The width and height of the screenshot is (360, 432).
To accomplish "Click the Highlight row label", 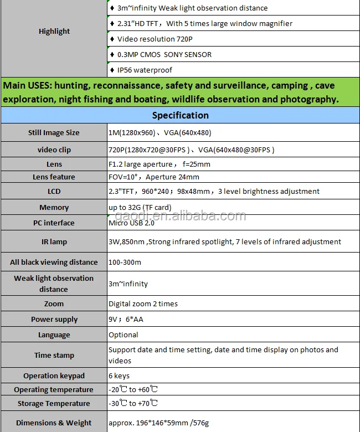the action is (x=54, y=32).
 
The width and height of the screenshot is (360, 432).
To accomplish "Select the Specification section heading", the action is (x=180, y=115).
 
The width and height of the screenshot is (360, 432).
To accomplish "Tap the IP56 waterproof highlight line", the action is (x=145, y=70).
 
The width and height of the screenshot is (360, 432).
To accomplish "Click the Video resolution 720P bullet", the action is (x=155, y=39).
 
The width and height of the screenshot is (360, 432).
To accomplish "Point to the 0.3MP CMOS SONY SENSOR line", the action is (x=164, y=55).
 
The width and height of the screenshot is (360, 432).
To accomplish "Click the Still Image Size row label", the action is (x=54, y=133).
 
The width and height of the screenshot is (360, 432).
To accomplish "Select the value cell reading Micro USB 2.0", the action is (x=131, y=223).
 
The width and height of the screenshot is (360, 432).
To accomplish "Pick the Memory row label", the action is (x=54, y=208).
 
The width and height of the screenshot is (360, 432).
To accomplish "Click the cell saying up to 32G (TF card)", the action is (x=139, y=208).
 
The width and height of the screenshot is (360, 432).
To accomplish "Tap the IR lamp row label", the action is (x=54, y=242).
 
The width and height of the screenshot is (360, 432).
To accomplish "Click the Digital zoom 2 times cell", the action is (x=143, y=304).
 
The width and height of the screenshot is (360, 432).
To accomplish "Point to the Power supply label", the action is (x=54, y=320).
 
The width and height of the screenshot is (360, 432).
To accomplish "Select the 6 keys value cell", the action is (x=119, y=376).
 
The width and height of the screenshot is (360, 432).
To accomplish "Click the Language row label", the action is (x=54, y=335).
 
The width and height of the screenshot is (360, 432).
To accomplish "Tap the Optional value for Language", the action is (x=124, y=335).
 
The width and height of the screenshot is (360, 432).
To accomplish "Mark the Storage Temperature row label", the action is (x=54, y=404).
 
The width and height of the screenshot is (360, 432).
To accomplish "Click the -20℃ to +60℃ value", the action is (x=133, y=390).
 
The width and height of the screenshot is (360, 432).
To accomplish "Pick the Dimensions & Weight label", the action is (x=54, y=423).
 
